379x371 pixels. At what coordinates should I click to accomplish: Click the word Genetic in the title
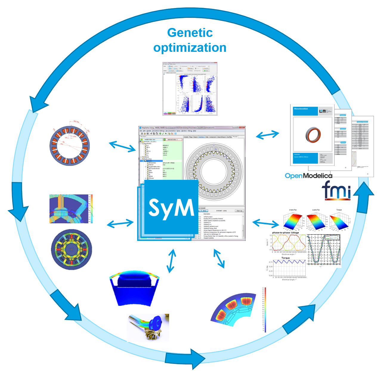(190, 33)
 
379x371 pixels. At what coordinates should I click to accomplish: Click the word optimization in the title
(190, 48)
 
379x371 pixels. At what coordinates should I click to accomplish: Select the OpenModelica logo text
(308, 176)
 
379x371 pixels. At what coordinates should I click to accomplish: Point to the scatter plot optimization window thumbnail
(190, 89)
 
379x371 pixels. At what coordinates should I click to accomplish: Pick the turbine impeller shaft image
(148, 327)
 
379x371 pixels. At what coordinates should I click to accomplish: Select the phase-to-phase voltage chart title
(285, 233)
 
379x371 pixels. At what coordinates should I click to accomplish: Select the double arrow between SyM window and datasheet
(267, 135)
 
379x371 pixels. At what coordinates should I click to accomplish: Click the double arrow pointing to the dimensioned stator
(123, 146)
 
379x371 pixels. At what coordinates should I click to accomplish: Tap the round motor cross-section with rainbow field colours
(71, 250)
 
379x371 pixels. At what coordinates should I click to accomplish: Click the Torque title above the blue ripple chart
(285, 258)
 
